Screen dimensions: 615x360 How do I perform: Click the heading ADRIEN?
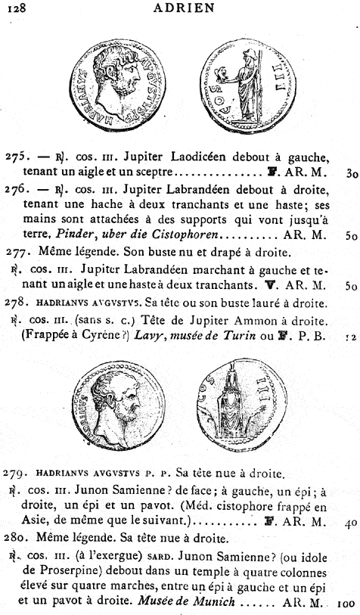pos(183,8)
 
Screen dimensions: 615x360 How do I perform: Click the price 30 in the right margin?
pos(350,174)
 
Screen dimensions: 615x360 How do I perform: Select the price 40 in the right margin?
pos(350,523)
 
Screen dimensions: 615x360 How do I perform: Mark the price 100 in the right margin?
pos(346,604)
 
